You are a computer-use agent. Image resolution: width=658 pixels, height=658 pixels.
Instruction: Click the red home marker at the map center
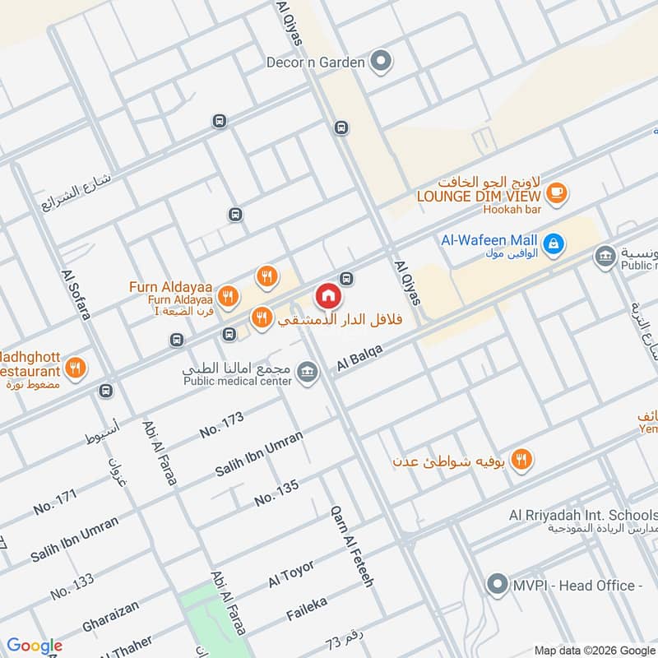click(327, 295)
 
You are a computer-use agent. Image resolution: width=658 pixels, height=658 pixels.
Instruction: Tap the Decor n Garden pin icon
click(380, 61)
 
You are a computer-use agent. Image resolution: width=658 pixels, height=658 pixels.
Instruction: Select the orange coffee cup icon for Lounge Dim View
click(557, 192)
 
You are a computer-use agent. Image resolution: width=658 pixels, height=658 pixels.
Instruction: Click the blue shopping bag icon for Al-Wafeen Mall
click(555, 243)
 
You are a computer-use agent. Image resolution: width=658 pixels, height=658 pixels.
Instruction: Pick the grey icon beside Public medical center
click(308, 372)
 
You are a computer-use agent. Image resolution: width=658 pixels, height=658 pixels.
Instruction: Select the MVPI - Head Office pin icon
click(496, 585)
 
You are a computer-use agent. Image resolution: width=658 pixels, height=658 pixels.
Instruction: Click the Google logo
click(35, 646)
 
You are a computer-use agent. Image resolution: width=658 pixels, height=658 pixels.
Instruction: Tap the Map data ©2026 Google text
click(594, 649)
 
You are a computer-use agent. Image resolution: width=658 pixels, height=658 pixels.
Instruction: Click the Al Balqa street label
click(361, 359)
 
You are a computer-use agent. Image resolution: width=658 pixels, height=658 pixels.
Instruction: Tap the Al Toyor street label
click(291, 575)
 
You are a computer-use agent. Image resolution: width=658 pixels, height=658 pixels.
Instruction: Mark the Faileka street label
click(307, 609)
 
